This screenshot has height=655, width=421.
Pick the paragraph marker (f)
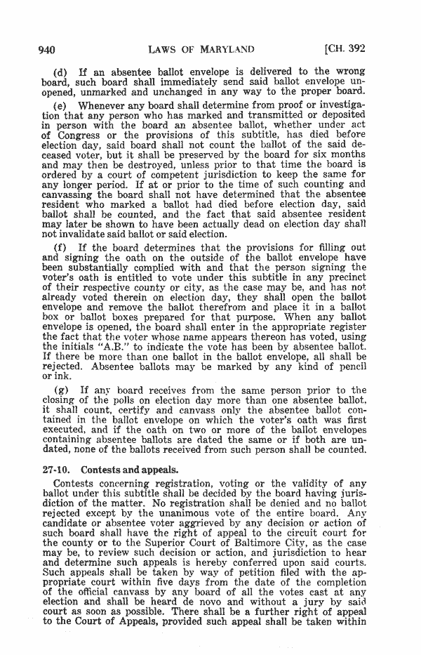(60, 248)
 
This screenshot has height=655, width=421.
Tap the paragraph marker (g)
(60, 390)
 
